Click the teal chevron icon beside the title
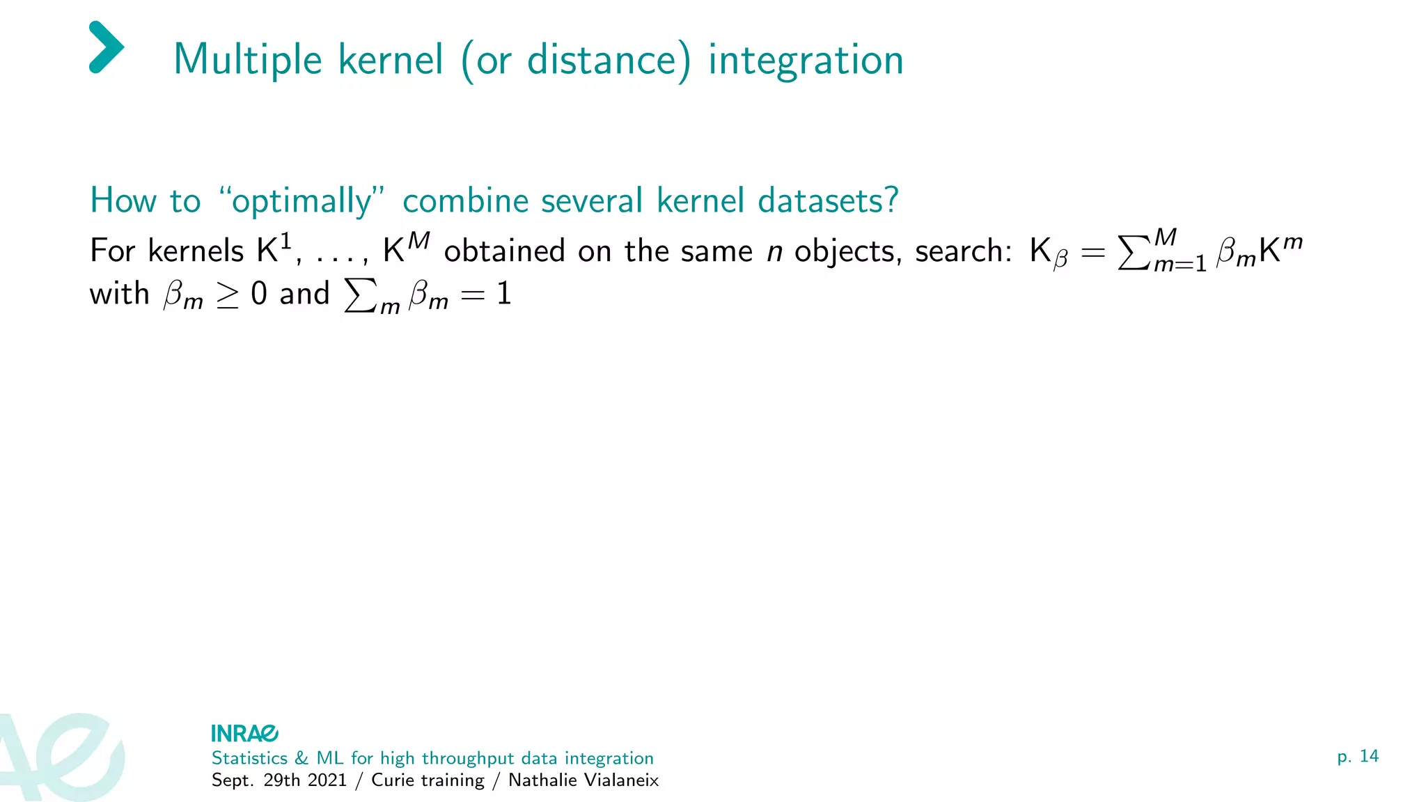coord(107,47)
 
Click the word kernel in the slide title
coord(390,60)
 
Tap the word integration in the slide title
coord(806,60)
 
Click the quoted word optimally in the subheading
coord(301,201)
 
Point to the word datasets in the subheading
coord(827,201)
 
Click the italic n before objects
coord(774,252)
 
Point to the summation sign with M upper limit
coord(1134,253)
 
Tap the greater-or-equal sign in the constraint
coord(228,295)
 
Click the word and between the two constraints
coord(304,294)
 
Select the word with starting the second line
coord(119,294)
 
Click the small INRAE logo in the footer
coord(244,733)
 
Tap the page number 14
coord(1369,756)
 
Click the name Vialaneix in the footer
coord(618,780)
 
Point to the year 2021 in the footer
coord(327,780)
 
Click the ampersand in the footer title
coord(301,758)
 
